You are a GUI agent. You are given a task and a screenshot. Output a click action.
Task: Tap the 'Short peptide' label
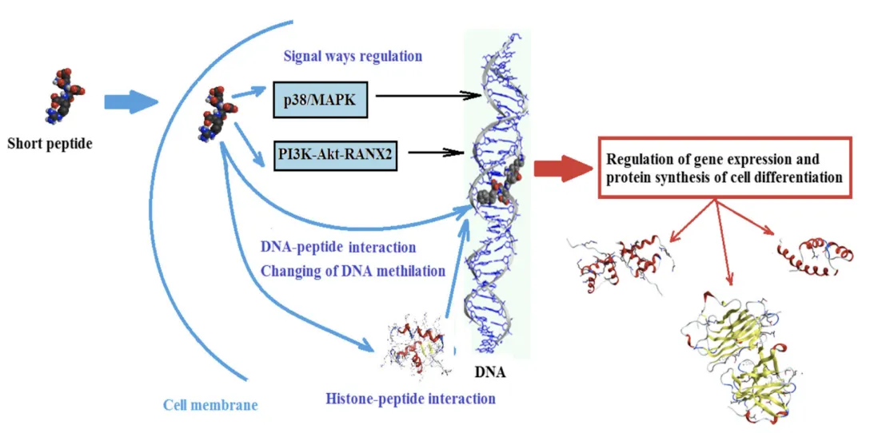pyautogui.click(x=50, y=145)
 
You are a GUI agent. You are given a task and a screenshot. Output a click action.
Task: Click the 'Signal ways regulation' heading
pyautogui.click(x=353, y=57)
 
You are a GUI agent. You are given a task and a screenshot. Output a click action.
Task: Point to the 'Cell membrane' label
pyautogui.click(x=211, y=405)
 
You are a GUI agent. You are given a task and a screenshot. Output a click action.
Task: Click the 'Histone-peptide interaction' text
pyautogui.click(x=411, y=398)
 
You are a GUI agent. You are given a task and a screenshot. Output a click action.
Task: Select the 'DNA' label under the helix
pyautogui.click(x=490, y=371)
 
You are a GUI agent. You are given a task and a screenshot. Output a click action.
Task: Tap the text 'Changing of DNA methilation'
pyautogui.click(x=353, y=271)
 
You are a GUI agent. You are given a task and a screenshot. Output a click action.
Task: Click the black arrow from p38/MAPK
pyautogui.click(x=423, y=97)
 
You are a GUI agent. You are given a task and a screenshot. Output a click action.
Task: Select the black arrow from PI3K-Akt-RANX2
pyautogui.click(x=431, y=152)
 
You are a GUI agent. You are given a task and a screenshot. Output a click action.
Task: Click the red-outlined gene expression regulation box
pyautogui.click(x=724, y=169)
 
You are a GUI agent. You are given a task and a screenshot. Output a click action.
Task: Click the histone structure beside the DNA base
pyautogui.click(x=416, y=348)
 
